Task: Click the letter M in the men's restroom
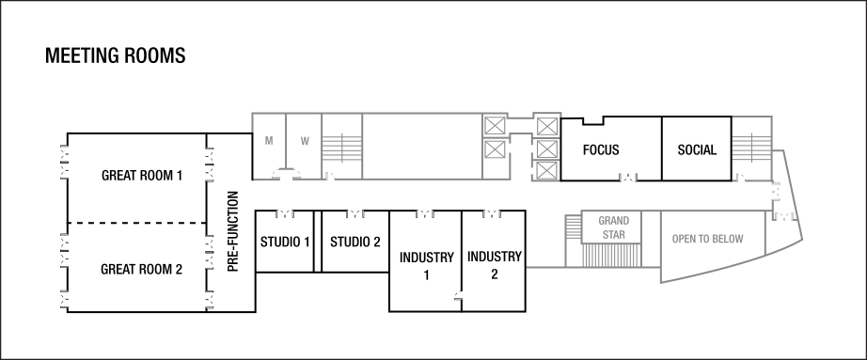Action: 269,141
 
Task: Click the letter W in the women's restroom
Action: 305,141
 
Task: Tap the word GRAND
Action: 613,221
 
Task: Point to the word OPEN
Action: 684,240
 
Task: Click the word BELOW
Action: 729,240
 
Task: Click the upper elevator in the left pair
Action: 495,125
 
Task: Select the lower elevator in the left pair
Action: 495,149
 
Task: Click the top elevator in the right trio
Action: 547,125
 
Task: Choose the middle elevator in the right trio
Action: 547,149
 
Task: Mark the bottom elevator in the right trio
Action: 547,171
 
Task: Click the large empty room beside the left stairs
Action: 421,145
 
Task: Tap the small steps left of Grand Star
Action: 573,227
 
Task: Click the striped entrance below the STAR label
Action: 613,255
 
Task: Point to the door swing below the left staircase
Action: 331,175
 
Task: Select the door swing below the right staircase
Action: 741,177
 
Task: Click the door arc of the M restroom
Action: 280,172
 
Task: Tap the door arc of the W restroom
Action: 292,172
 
